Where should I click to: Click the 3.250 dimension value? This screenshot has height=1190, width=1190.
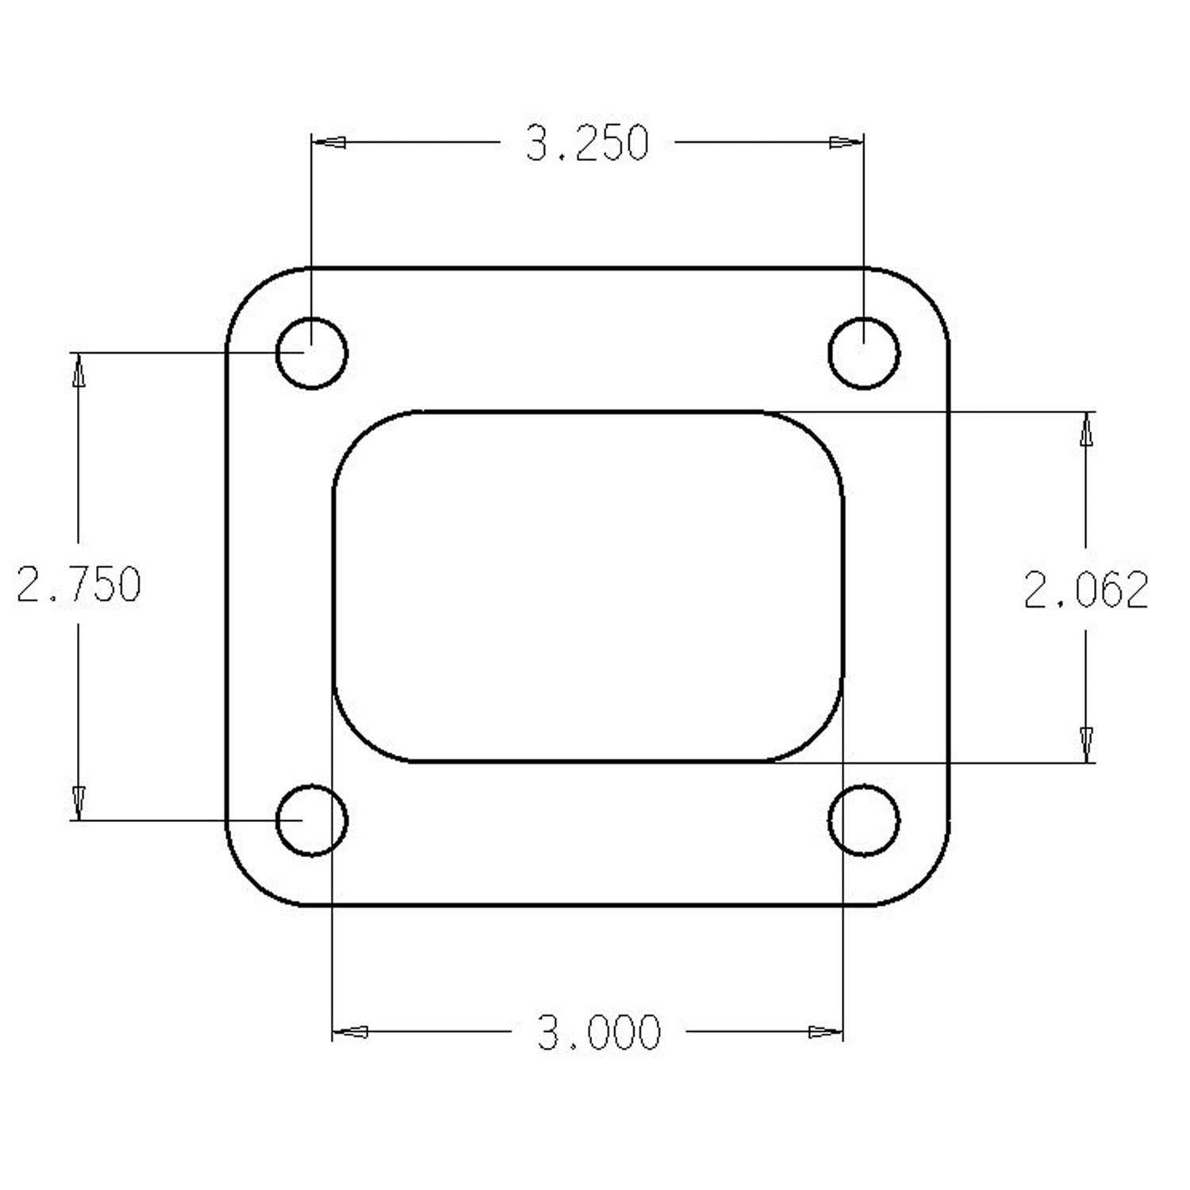tap(588, 144)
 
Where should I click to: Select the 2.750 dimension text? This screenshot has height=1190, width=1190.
tap(79, 584)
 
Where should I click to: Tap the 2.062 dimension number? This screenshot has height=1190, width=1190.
tap(1086, 589)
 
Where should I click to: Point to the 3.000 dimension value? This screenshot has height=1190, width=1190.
tap(598, 1032)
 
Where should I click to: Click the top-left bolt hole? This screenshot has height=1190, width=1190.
tap(312, 353)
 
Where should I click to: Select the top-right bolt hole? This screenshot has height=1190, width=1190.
tap(863, 353)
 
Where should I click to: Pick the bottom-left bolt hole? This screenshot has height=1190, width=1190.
tap(312, 820)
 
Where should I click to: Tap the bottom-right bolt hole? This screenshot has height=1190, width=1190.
tap(863, 820)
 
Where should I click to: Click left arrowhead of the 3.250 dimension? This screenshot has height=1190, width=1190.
tap(329, 143)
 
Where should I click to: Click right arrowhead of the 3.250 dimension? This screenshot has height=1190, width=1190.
tap(846, 143)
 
